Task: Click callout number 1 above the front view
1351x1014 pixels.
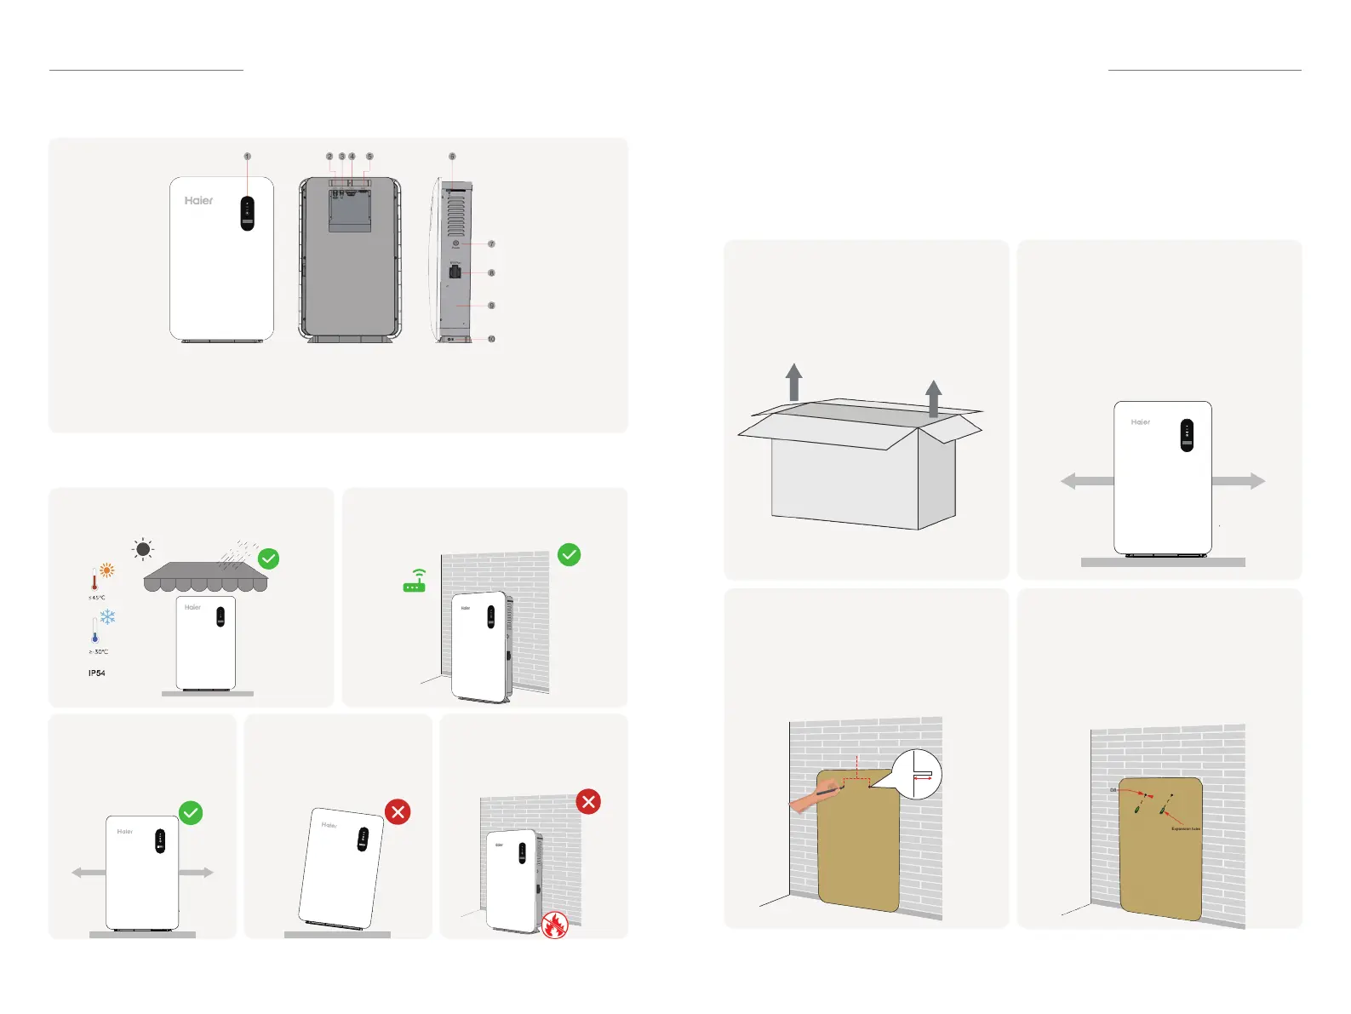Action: pyautogui.click(x=248, y=157)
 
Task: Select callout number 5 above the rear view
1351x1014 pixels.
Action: pyautogui.click(x=369, y=157)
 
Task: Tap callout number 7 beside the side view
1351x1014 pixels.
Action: pyautogui.click(x=491, y=244)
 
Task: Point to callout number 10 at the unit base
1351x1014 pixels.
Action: pyautogui.click(x=491, y=339)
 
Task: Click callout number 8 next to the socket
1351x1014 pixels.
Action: pyautogui.click(x=491, y=273)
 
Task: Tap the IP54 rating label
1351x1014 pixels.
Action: pyautogui.click(x=97, y=673)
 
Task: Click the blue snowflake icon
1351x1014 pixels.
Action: pyautogui.click(x=107, y=616)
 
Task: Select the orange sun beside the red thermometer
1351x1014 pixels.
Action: pyautogui.click(x=107, y=571)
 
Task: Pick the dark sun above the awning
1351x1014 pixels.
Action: pyautogui.click(x=143, y=549)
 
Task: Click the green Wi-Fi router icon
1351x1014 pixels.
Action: pyautogui.click(x=415, y=582)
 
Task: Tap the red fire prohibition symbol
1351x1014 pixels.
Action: pyautogui.click(x=554, y=925)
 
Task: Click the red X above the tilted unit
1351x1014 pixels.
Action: pyautogui.click(x=398, y=812)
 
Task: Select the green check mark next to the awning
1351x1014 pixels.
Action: pyautogui.click(x=268, y=559)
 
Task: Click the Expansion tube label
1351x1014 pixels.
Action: pyautogui.click(x=1186, y=828)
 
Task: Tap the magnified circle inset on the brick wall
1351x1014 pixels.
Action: pyautogui.click(x=915, y=774)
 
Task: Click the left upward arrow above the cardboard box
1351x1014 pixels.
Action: pyautogui.click(x=793, y=381)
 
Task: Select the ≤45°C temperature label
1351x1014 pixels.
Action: pyautogui.click(x=97, y=598)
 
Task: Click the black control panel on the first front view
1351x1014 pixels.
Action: pyautogui.click(x=248, y=213)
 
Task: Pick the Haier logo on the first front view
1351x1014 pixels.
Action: pyautogui.click(x=199, y=201)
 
